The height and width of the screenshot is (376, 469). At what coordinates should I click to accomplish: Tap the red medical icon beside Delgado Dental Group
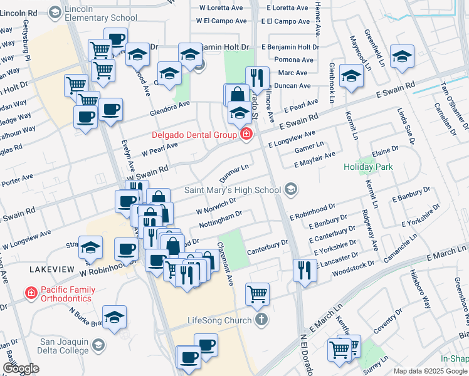tap(246, 135)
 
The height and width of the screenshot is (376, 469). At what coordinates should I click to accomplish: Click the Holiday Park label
tap(368, 167)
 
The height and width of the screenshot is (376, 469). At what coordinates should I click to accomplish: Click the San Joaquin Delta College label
tap(65, 345)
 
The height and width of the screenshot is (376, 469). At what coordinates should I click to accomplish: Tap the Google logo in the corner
tap(21, 368)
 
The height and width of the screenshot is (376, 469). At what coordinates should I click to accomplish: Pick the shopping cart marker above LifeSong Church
tap(258, 293)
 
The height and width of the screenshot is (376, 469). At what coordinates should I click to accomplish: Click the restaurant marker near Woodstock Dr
tap(304, 270)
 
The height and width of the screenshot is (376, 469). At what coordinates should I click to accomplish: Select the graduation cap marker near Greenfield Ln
tap(402, 56)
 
